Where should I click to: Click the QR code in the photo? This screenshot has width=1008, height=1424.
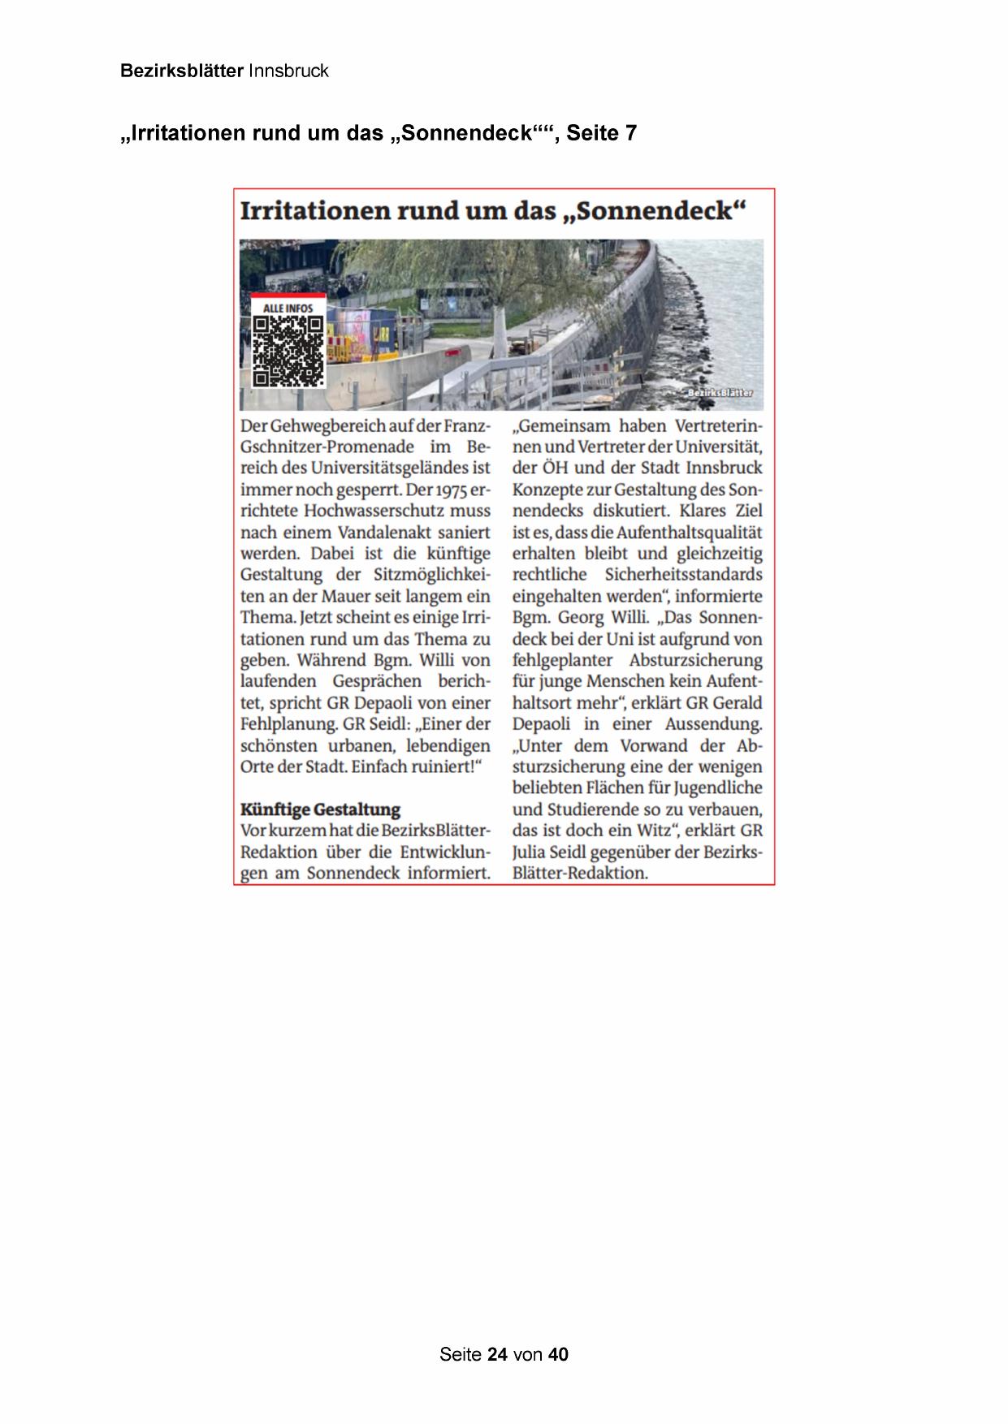(x=288, y=350)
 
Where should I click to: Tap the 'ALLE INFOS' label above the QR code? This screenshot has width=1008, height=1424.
(x=288, y=309)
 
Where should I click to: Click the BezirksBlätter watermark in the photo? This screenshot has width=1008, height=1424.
(x=720, y=393)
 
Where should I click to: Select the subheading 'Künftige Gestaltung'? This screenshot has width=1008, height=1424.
(x=320, y=809)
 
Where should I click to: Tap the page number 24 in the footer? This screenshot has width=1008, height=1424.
(x=498, y=1354)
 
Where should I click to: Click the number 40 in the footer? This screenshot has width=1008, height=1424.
(x=558, y=1354)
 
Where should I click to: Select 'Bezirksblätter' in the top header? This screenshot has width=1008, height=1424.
(x=181, y=71)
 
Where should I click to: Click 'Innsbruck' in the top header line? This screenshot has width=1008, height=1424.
(x=288, y=71)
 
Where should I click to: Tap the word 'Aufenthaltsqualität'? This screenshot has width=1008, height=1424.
(x=689, y=533)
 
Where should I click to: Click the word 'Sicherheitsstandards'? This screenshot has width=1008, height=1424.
(x=683, y=575)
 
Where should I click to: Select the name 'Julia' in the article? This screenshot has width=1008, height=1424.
(x=531, y=852)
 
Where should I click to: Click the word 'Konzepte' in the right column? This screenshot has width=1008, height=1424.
(x=550, y=490)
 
